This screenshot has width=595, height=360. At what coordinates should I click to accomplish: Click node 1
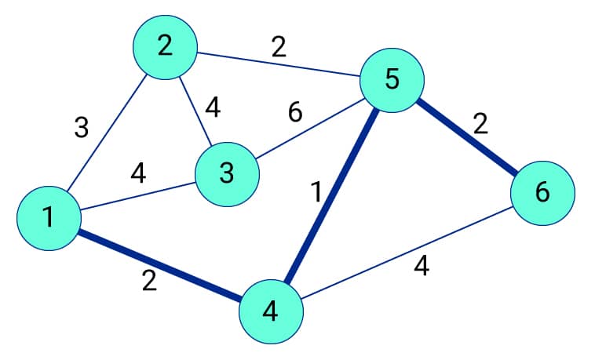(x=49, y=217)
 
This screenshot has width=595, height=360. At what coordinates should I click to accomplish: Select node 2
(x=164, y=46)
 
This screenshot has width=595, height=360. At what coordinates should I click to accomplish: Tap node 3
(x=227, y=173)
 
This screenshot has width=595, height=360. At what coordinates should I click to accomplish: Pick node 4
(x=271, y=311)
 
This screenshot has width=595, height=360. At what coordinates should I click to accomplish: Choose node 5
(x=392, y=79)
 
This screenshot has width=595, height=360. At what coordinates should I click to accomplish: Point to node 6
(x=542, y=192)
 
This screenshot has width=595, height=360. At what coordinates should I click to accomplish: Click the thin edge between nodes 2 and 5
(x=279, y=64)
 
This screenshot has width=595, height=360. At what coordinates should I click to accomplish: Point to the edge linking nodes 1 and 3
(x=137, y=196)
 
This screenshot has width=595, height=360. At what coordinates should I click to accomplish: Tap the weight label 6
(x=294, y=113)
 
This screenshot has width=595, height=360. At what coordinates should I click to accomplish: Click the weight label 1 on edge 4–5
(x=316, y=191)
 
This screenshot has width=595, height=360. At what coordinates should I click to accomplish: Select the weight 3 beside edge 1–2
(x=82, y=128)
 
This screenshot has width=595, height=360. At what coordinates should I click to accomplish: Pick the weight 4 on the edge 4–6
(x=421, y=268)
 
